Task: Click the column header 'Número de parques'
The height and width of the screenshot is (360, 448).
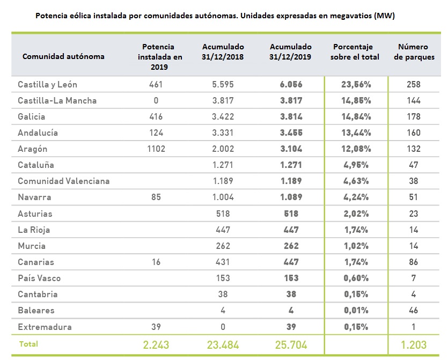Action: [x=414, y=52]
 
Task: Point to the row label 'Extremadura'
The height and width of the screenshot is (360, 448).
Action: [x=45, y=327]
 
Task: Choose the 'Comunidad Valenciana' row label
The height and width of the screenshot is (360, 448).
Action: [x=63, y=181]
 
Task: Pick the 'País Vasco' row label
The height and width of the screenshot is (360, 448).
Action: [x=39, y=278]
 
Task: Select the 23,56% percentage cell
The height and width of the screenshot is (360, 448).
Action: [x=356, y=84]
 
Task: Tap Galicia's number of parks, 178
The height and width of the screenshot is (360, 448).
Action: [x=414, y=117]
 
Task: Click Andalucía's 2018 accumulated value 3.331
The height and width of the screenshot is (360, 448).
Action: [x=223, y=133]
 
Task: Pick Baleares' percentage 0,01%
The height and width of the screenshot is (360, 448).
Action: [x=356, y=311]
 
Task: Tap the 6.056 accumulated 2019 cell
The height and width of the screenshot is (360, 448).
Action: [x=290, y=84]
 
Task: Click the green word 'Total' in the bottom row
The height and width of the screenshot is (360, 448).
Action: [x=28, y=343]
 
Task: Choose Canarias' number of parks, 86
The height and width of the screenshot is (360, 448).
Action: [x=414, y=262]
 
